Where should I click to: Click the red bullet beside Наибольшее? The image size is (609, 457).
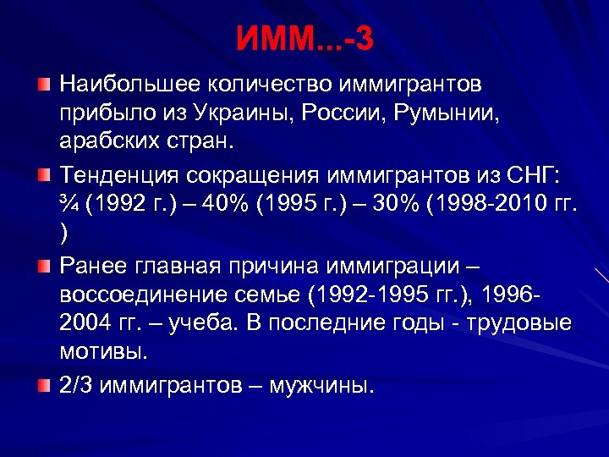coord(44,85)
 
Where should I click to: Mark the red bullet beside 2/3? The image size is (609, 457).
coord(44,386)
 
